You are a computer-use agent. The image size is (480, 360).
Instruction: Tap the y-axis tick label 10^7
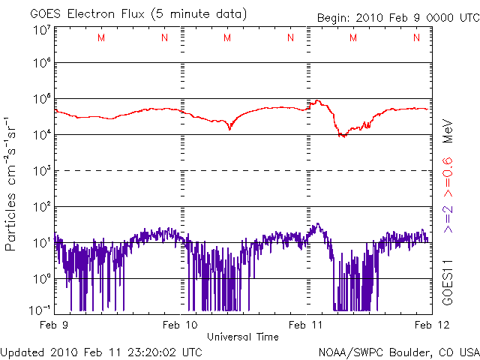point(42,30)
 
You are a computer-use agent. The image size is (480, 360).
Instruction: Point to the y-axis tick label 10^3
point(42,171)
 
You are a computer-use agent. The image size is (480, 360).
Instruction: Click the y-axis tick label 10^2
point(42,206)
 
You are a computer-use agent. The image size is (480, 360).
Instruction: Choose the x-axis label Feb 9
point(55,325)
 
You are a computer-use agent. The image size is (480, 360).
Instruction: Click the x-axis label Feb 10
point(181,325)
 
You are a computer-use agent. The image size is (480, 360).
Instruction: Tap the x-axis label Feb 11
point(307,325)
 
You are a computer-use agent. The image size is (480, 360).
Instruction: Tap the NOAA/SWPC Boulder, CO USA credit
point(397,352)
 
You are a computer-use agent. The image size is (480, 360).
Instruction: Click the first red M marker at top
point(101,37)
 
